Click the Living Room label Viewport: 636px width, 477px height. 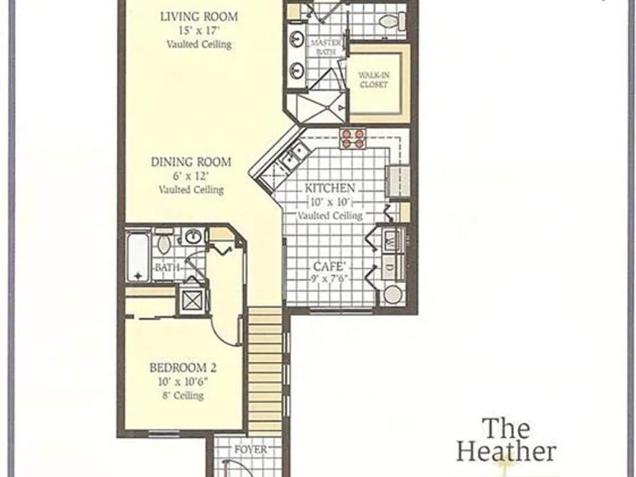pos(199,17)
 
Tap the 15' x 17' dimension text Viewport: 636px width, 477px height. pos(198,31)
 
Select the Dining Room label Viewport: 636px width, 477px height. pos(191,162)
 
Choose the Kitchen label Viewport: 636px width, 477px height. pos(329,188)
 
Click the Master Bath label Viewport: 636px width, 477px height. pos(326,47)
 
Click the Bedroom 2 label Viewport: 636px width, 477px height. pos(183,368)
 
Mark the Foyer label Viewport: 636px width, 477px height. pos(251,450)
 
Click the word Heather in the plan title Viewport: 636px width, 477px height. pos(506,452)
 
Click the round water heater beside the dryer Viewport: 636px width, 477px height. pos(392,294)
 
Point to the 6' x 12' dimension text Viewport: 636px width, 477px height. pos(191,176)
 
